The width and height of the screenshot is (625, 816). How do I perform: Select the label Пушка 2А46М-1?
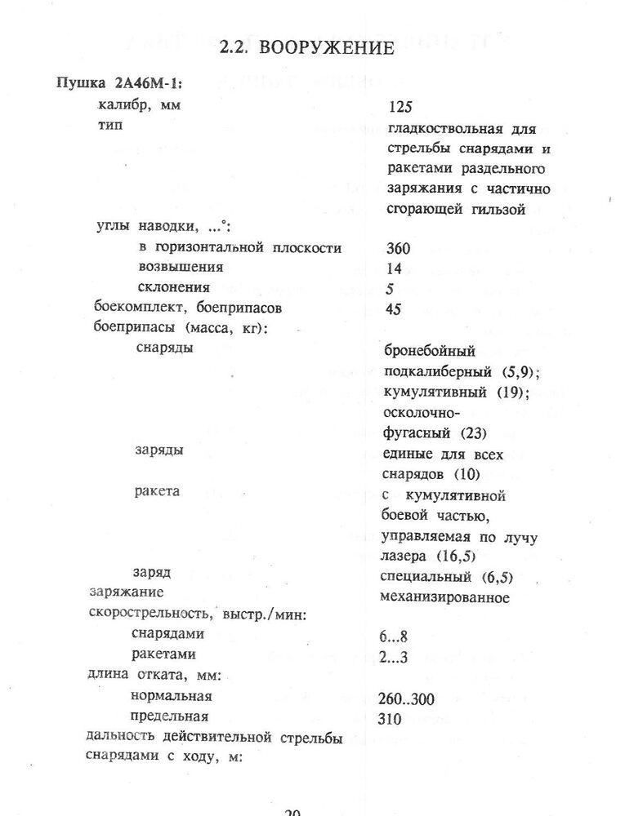[x=118, y=85]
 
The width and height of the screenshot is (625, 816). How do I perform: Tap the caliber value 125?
[x=402, y=107]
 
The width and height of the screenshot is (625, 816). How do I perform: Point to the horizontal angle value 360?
[x=398, y=249]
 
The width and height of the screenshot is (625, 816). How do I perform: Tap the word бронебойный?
[x=428, y=352]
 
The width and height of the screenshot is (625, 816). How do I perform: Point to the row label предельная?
[x=172, y=717]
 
